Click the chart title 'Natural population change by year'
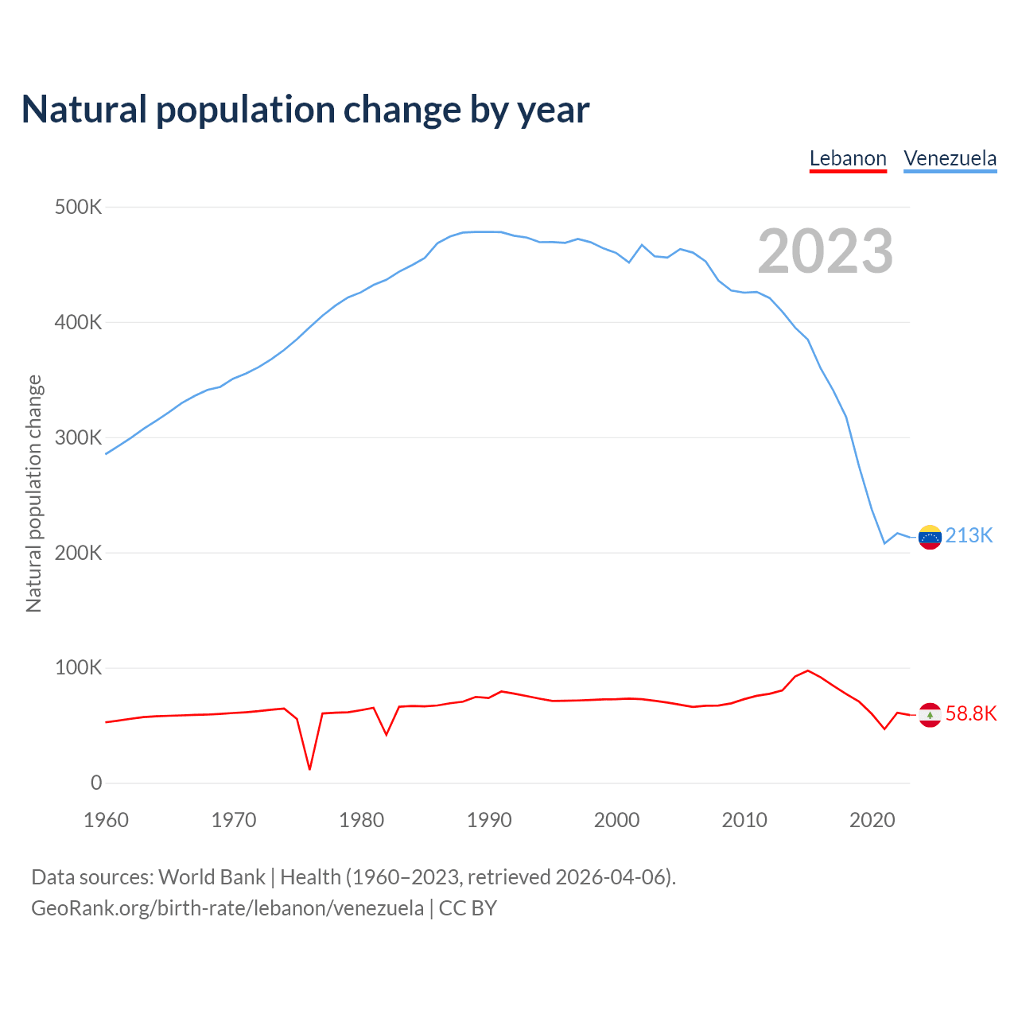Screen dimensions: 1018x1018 pyautogui.click(x=305, y=110)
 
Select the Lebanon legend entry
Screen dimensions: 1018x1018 pyautogui.click(x=848, y=158)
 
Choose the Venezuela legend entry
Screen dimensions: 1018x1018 pyautogui.click(x=950, y=158)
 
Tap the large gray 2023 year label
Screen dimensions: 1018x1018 pyautogui.click(x=825, y=251)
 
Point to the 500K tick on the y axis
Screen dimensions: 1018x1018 pyautogui.click(x=79, y=208)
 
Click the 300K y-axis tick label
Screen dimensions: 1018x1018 pyautogui.click(x=79, y=438)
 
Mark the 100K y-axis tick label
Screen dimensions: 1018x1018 pyautogui.click(x=79, y=668)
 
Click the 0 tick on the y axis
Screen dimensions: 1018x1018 pyautogui.click(x=96, y=783)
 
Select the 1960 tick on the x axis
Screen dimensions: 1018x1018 pyautogui.click(x=106, y=820)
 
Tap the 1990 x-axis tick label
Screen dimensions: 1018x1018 pyautogui.click(x=489, y=820)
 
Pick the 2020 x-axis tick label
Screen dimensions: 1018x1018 pyautogui.click(x=872, y=820)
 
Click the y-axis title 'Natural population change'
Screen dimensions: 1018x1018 pyautogui.click(x=34, y=494)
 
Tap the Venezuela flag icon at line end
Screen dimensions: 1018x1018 pyautogui.click(x=930, y=538)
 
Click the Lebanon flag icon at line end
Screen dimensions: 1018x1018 pyautogui.click(x=930, y=715)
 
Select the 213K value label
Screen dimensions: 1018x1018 pyautogui.click(x=969, y=536)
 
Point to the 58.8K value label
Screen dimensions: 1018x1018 pyautogui.click(x=970, y=714)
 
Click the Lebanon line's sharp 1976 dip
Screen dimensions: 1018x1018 pyautogui.click(x=309, y=768)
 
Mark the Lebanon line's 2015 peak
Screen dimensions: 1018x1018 pyautogui.click(x=808, y=670)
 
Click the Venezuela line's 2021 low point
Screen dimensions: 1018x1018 pyautogui.click(x=884, y=543)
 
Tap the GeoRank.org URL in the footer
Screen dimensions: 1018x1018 pyautogui.click(x=227, y=908)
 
